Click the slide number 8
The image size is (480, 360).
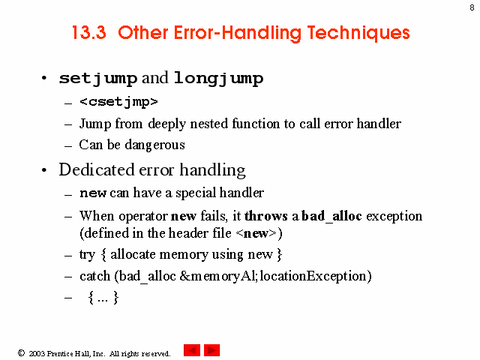(472, 7)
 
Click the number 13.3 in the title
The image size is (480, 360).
(89, 33)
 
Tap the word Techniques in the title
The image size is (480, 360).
(358, 34)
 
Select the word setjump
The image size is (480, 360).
(98, 79)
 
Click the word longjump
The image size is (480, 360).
(218, 79)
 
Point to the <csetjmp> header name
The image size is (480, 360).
(118, 102)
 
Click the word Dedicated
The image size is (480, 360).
(97, 169)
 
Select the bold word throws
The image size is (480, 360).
(266, 216)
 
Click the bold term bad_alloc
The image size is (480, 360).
(331, 217)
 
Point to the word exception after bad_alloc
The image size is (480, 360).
(394, 217)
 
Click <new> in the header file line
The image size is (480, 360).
(256, 233)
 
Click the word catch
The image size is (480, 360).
(95, 276)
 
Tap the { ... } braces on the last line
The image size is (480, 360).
(103, 297)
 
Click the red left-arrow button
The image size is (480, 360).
(192, 350)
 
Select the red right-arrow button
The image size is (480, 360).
(211, 350)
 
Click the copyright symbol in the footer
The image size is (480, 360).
(21, 353)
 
